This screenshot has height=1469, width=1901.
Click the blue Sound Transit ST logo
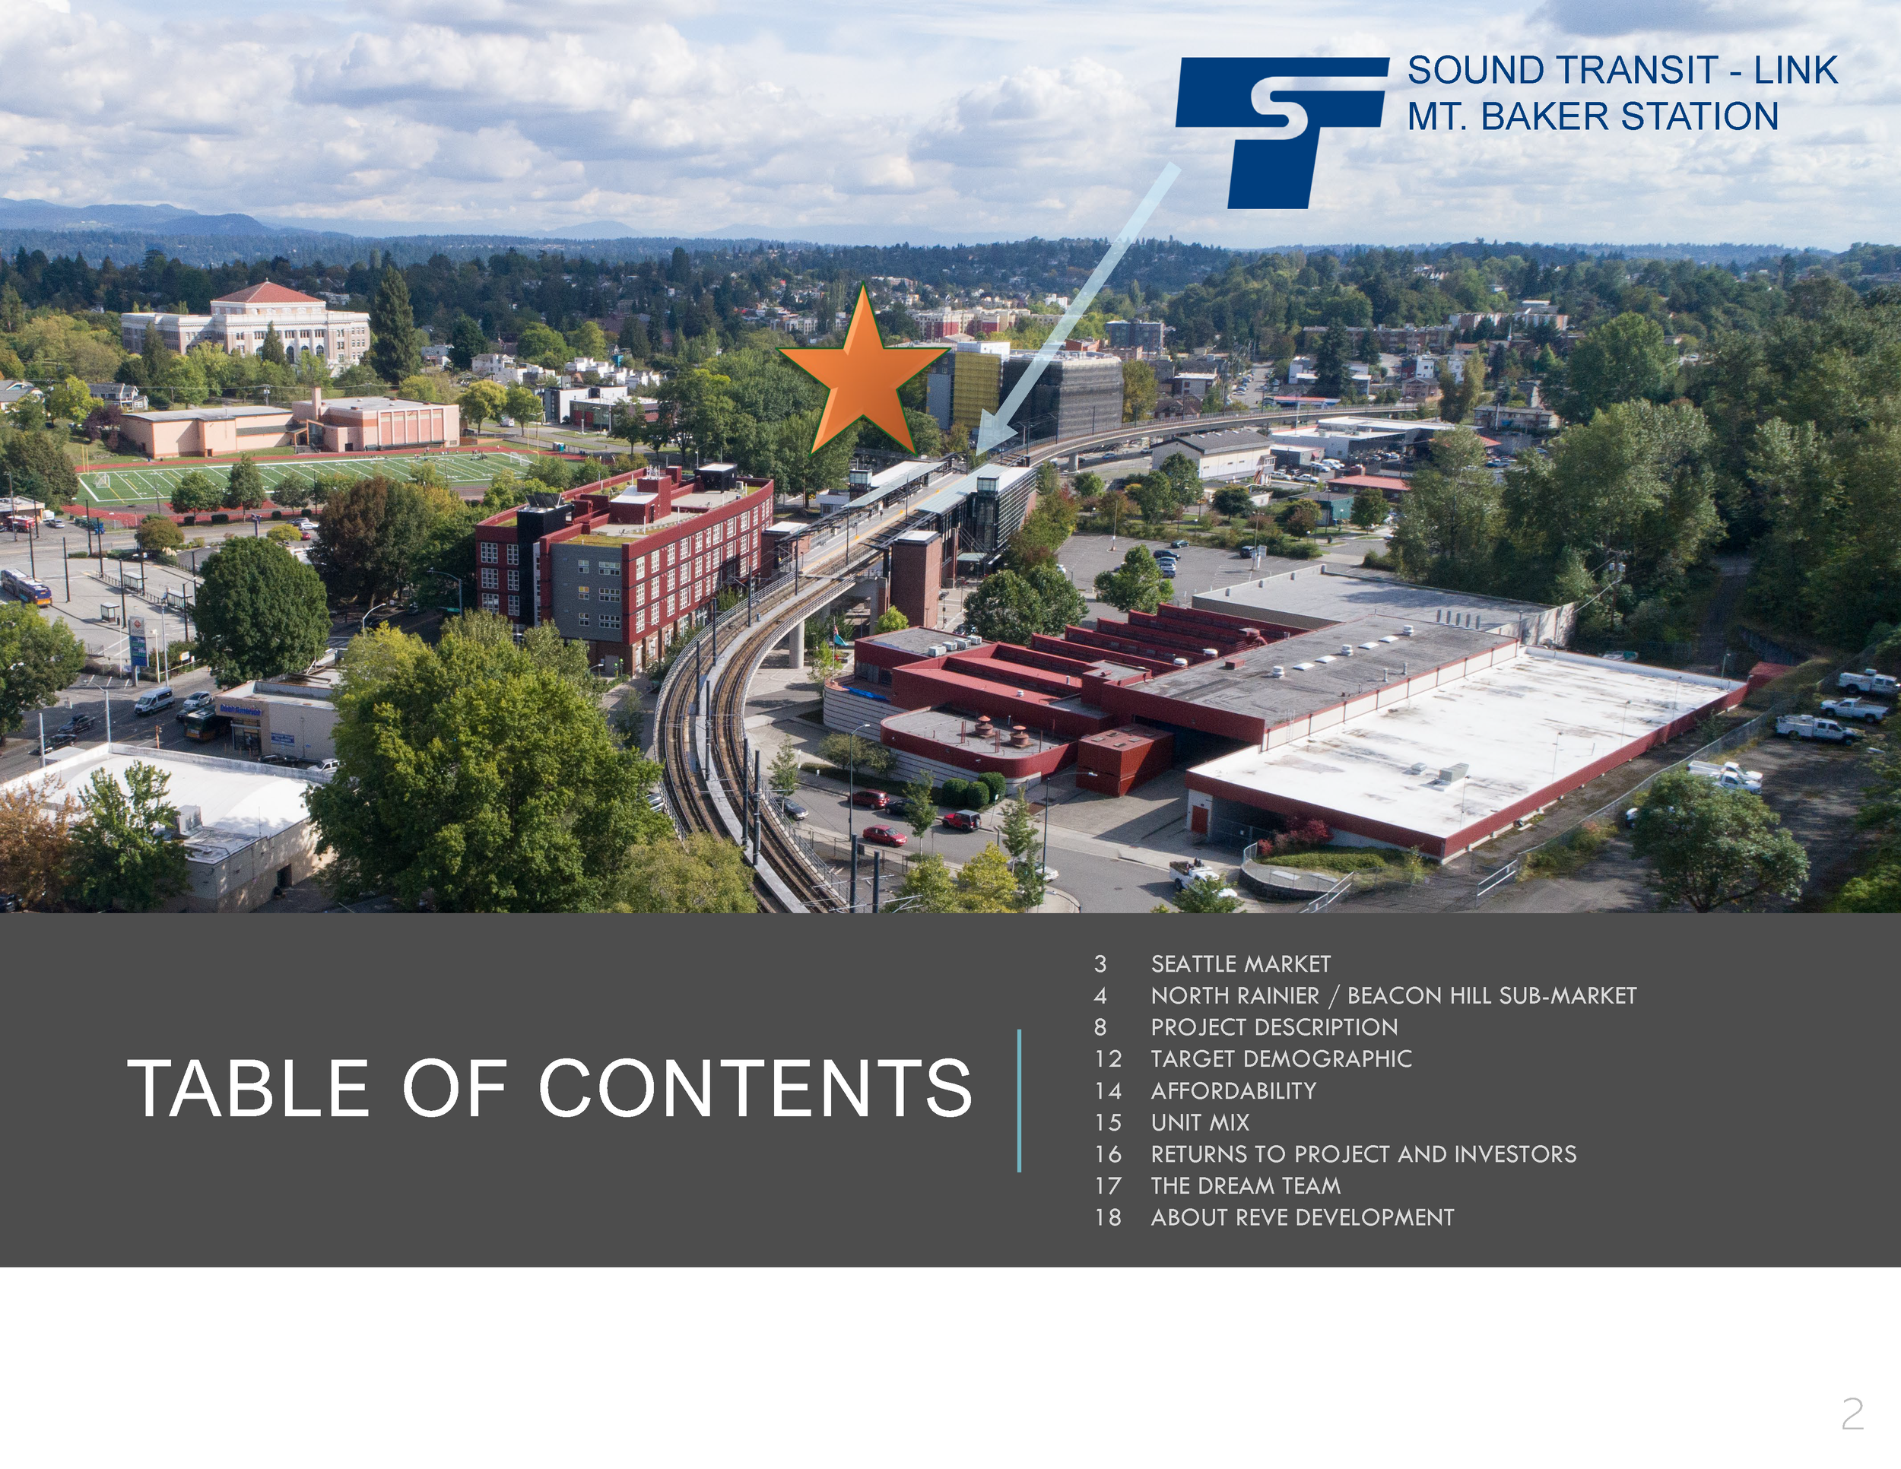tap(1281, 132)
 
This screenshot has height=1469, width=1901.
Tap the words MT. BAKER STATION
tap(1593, 116)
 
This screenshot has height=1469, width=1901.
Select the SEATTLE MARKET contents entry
tap(1240, 964)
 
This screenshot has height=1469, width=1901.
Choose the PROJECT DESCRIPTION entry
tap(1274, 1027)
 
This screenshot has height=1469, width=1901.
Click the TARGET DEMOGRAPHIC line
tap(1281, 1059)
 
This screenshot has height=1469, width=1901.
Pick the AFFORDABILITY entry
tap(1233, 1090)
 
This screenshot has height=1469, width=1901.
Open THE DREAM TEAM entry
tap(1246, 1185)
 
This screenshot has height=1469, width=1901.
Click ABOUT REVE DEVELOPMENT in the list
tap(1302, 1217)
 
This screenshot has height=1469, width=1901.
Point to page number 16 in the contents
tap(1108, 1154)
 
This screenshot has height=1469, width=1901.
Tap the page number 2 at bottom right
tap(1852, 1415)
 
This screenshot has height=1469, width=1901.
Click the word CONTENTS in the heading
tap(754, 1088)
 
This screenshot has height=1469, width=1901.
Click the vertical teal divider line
tap(1018, 1101)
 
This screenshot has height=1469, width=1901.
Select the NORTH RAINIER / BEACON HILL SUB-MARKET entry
tap(1394, 995)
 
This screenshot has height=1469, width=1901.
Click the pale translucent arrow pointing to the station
tap(1077, 308)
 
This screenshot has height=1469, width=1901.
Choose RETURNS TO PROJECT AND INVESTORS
tap(1363, 1154)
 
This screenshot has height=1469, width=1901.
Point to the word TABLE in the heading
tap(248, 1088)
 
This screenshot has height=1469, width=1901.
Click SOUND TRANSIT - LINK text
tap(1623, 71)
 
